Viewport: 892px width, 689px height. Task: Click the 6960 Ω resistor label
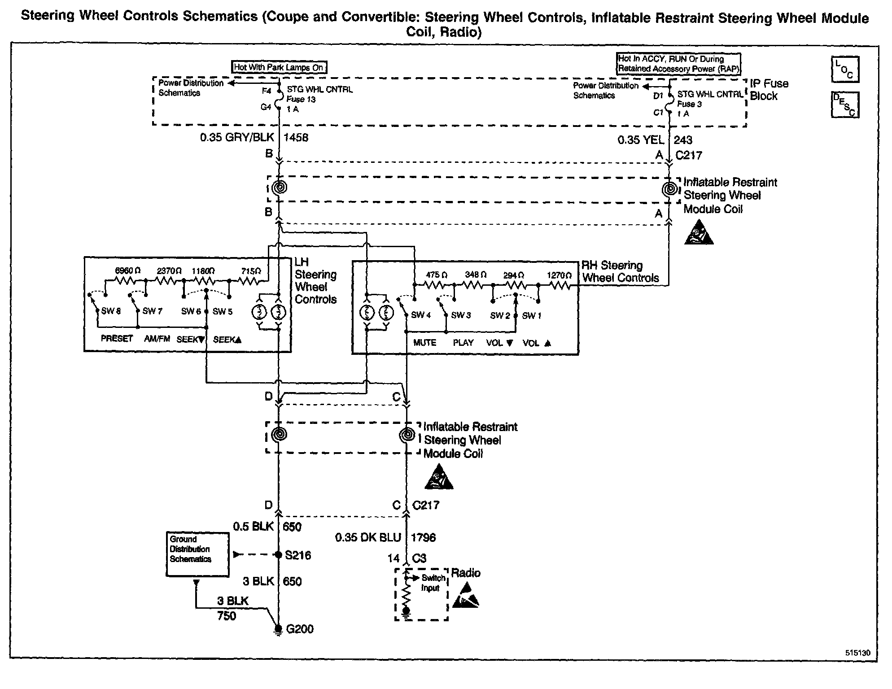pos(128,270)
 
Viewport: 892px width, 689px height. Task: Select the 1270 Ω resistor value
pos(559,275)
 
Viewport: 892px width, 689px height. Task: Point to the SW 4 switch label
pos(421,315)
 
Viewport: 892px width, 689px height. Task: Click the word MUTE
pos(424,343)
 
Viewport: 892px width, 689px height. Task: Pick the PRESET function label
pos(117,339)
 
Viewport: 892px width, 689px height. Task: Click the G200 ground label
pos(300,629)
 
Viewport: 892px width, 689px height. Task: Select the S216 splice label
pos(298,555)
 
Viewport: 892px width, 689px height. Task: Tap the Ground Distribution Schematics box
pos(197,554)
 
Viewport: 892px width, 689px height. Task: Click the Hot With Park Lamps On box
pos(279,67)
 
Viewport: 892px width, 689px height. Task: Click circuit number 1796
pos(423,537)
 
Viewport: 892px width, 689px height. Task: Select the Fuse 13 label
pos(301,100)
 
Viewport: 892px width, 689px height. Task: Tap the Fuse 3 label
pos(689,104)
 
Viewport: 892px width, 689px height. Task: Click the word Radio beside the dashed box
pos(466,573)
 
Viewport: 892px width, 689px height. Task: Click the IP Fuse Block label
pos(769,90)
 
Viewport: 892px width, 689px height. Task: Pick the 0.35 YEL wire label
pos(640,140)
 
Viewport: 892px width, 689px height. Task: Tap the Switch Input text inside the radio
pos(432,583)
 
